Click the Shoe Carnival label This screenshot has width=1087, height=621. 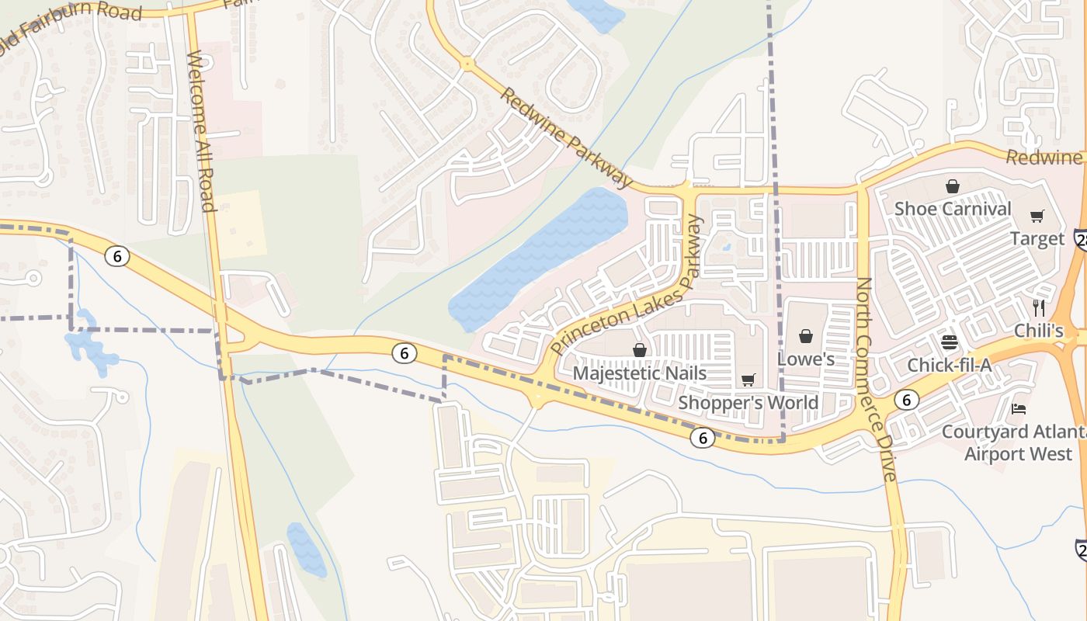pyautogui.click(x=953, y=209)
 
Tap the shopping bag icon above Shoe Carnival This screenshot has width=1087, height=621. pyautogui.click(x=953, y=186)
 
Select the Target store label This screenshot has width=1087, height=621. pyautogui.click(x=1037, y=239)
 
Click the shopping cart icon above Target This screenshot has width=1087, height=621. pyautogui.click(x=1037, y=216)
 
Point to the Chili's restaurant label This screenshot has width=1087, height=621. pyautogui.click(x=1039, y=331)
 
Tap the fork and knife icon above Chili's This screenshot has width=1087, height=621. pyautogui.click(x=1039, y=307)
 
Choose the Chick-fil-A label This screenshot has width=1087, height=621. pyautogui.click(x=950, y=365)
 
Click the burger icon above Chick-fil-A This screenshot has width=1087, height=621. pyautogui.click(x=949, y=342)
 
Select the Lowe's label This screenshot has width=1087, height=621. pyautogui.click(x=806, y=359)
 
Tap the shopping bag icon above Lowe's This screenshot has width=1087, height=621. pyautogui.click(x=806, y=336)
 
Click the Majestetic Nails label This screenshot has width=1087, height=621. pyautogui.click(x=640, y=373)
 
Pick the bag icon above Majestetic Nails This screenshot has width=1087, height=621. pyautogui.click(x=640, y=350)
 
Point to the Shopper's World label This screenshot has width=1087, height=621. pyautogui.click(x=748, y=402)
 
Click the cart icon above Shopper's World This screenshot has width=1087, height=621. pyautogui.click(x=748, y=380)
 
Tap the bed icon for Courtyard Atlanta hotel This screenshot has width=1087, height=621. pyautogui.click(x=1019, y=408)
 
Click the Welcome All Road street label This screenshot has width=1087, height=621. pyautogui.click(x=200, y=131)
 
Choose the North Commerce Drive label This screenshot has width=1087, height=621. pyautogui.click(x=876, y=379)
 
